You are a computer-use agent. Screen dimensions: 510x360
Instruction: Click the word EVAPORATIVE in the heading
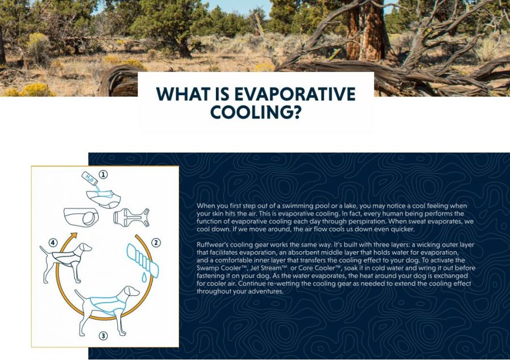[295, 94]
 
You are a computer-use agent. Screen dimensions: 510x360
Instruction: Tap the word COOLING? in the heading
[256, 112]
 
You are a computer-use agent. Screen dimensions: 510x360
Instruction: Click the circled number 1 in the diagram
[103, 175]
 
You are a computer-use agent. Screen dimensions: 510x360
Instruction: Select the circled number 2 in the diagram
[156, 243]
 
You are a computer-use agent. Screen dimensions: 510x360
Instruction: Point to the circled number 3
[103, 336]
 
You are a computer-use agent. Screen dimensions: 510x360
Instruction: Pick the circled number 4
[53, 243]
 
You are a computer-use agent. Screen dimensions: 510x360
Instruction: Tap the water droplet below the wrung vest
[144, 277]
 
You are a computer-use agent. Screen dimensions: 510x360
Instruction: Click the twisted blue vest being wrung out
[142, 260]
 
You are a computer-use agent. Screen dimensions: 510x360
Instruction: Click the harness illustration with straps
[131, 217]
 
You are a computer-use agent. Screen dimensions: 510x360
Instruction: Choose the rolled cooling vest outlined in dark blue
[81, 217]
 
